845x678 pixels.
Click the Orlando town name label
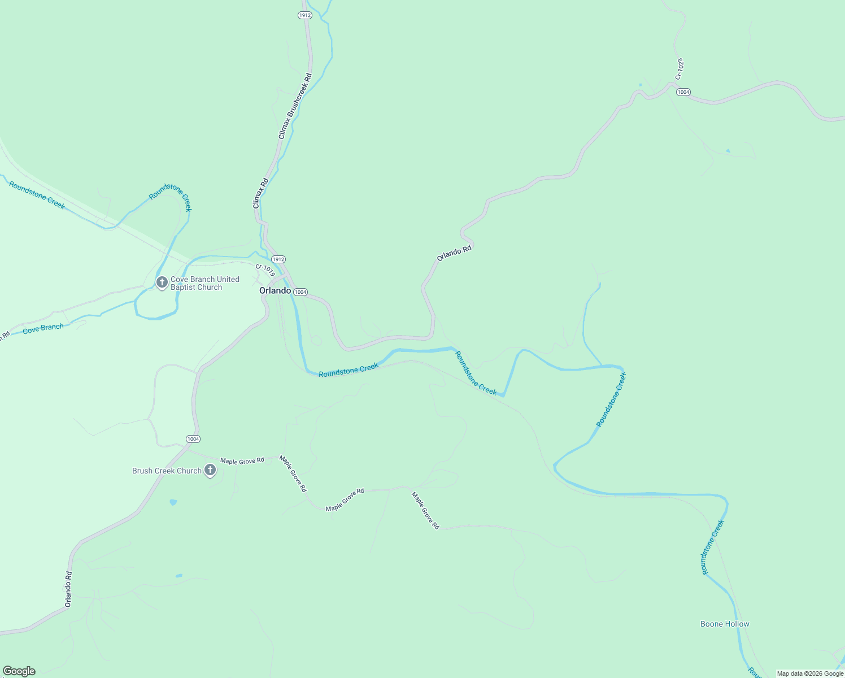pyautogui.click(x=275, y=290)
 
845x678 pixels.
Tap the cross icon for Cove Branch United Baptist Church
pyautogui.click(x=162, y=282)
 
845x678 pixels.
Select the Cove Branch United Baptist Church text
pyautogui.click(x=204, y=283)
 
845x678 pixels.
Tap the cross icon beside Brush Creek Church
pyautogui.click(x=210, y=470)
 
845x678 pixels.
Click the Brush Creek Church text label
pyautogui.click(x=167, y=471)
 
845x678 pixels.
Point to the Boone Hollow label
pyautogui.click(x=725, y=624)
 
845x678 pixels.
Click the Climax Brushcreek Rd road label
pyautogui.click(x=295, y=106)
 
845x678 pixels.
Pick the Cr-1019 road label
pyautogui.click(x=265, y=270)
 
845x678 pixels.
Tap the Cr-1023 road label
pyautogui.click(x=680, y=68)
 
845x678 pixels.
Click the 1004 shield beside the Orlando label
pyautogui.click(x=300, y=292)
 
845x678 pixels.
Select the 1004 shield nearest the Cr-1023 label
pyautogui.click(x=683, y=92)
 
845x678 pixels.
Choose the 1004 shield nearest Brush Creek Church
pyautogui.click(x=193, y=439)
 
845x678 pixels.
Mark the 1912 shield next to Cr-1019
pyautogui.click(x=278, y=259)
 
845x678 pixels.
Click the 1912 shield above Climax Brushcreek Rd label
pyautogui.click(x=305, y=15)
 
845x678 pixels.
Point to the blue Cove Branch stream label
pyautogui.click(x=43, y=328)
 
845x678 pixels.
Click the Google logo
pyautogui.click(x=19, y=671)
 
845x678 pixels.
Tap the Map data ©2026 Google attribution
pyautogui.click(x=810, y=673)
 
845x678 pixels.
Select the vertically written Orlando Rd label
pyautogui.click(x=68, y=589)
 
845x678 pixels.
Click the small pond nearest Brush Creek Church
pyautogui.click(x=173, y=502)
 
